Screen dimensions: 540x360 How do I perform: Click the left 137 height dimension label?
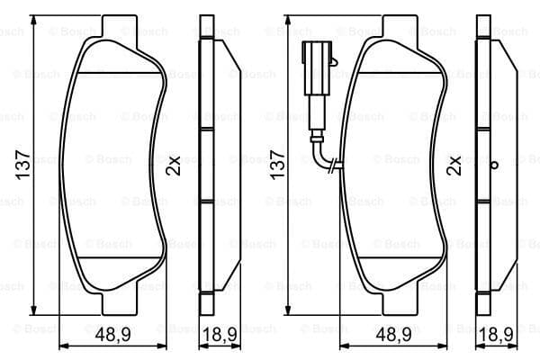click(23, 165)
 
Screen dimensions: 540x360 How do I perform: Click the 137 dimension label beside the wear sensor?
click(277, 165)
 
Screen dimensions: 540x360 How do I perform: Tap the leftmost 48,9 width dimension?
click(113, 334)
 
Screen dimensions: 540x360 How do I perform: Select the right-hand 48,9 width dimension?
click(393, 334)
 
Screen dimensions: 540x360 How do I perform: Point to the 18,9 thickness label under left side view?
click(220, 334)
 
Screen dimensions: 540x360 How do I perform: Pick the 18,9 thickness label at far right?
click(497, 334)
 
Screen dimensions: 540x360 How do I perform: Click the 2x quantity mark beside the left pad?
click(173, 166)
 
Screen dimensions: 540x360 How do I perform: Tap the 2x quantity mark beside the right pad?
click(454, 166)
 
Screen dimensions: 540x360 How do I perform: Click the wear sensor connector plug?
click(317, 68)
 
